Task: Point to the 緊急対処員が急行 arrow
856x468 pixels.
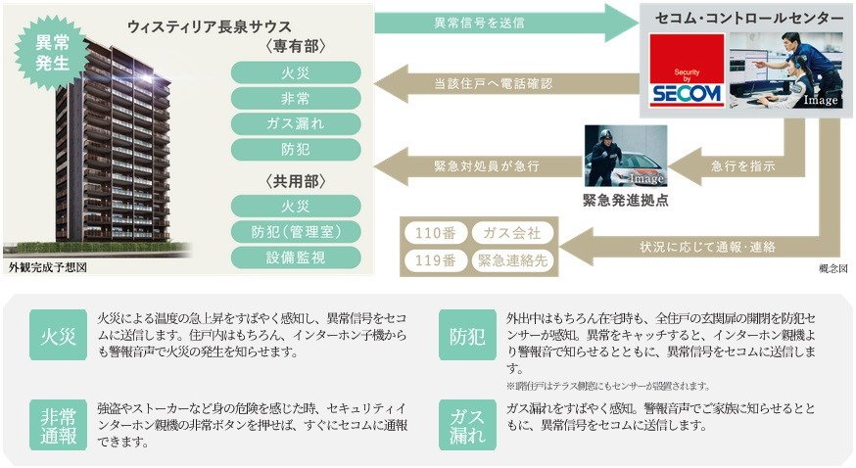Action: tap(480, 165)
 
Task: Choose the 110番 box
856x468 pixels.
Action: tap(434, 234)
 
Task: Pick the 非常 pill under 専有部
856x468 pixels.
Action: tap(295, 97)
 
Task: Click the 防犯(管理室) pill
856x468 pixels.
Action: tap(295, 231)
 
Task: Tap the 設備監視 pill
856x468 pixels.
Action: tap(295, 257)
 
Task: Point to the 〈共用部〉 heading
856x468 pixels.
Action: tap(295, 182)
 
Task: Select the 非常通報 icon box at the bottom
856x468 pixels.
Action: tap(59, 425)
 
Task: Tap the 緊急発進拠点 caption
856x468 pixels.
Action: tap(626, 201)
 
